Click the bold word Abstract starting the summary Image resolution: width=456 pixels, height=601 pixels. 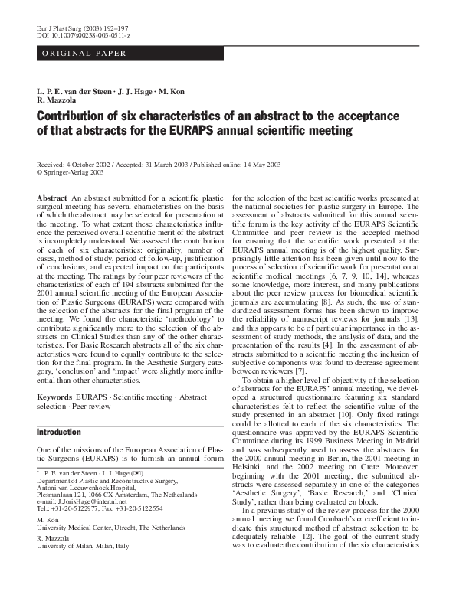tap(52, 198)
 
